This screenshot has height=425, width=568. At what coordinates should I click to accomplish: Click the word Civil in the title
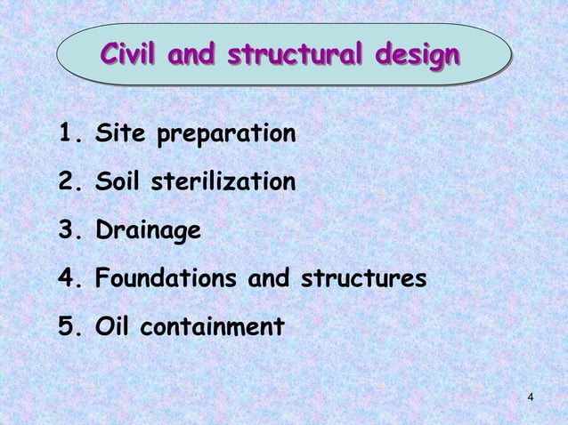coord(130,54)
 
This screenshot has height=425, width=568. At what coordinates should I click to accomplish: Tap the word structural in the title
coord(294,54)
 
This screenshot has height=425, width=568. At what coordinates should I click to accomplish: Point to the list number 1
coord(67,136)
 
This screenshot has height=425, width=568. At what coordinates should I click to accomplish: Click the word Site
coord(121,136)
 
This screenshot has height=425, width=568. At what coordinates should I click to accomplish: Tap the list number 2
coord(68,184)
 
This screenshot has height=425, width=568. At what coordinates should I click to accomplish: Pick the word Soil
coord(122,184)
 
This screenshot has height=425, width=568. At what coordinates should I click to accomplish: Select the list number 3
coord(68,232)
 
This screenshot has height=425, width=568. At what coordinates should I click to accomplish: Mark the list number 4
coord(68,280)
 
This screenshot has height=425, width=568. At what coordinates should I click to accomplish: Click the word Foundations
coord(165,280)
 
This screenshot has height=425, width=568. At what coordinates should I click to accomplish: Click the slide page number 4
coord(531,396)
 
